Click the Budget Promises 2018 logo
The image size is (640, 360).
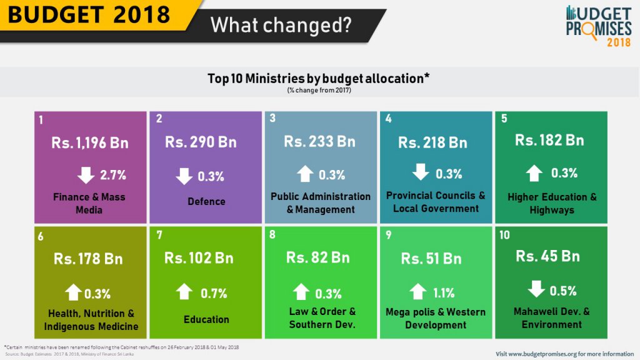599,26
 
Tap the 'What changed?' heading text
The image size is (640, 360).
281,25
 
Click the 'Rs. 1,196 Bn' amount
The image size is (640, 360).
90,143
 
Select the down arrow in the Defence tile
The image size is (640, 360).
184,176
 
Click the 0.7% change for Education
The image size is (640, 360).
214,294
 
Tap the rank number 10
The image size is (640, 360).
504,235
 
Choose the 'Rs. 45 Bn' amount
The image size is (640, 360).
547,256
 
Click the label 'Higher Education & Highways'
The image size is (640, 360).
552,203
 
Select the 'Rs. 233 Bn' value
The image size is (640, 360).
319,142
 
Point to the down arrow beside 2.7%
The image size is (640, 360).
86,175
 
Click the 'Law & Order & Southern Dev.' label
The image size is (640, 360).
322,318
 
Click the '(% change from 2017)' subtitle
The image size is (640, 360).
319,90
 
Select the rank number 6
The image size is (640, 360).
41,237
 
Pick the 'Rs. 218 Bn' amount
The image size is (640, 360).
432,142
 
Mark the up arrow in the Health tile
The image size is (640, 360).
74,292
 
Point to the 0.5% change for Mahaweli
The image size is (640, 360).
563,291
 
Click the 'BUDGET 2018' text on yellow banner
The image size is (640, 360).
89,14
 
